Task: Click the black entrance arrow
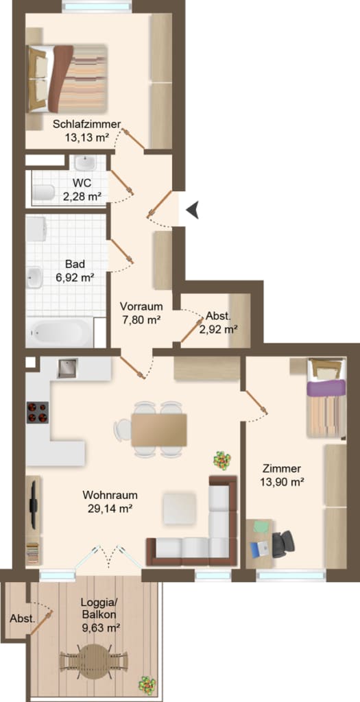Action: [x=193, y=210]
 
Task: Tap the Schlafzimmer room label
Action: [x=87, y=125]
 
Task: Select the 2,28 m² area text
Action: [x=82, y=195]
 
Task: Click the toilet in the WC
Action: [x=43, y=193]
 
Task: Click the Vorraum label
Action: [x=141, y=307]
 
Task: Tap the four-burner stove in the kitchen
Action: [x=38, y=412]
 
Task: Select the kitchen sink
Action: [x=67, y=368]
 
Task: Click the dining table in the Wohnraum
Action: [x=159, y=430]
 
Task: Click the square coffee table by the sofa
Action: [x=179, y=508]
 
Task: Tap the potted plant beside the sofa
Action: [x=221, y=460]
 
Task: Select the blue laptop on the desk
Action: [x=260, y=549]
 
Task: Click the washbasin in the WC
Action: [x=86, y=162]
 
